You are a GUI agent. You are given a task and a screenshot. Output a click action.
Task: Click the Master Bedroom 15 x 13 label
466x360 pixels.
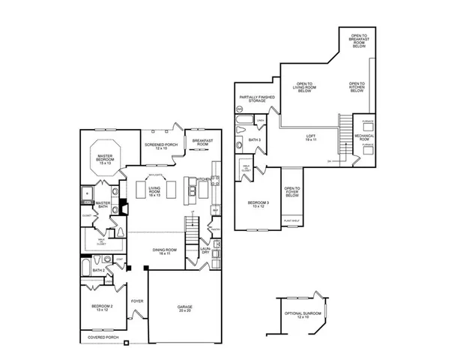coord(104,160)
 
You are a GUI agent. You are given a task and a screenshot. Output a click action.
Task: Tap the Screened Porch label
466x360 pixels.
coord(156,146)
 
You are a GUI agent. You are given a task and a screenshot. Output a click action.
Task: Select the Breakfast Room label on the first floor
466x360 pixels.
coord(199,142)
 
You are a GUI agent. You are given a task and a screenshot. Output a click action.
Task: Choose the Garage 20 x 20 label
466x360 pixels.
coord(184,308)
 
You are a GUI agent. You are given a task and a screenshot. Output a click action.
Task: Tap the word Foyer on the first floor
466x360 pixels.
coord(137,301)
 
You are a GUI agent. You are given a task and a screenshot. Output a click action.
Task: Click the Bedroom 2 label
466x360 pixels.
coord(102,308)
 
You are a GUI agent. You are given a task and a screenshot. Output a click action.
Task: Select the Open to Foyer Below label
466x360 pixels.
coord(291,193)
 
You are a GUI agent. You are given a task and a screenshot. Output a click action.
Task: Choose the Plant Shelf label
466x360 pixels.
coord(291,220)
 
